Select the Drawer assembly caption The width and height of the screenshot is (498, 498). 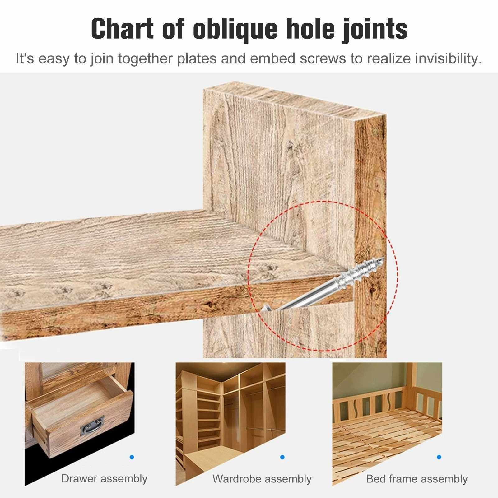point(104,478)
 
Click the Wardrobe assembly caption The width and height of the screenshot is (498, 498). point(262,479)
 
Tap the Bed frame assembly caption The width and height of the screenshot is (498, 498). point(417,479)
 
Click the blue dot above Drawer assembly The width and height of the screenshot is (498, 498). point(132,457)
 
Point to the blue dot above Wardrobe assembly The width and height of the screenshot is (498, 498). point(282,457)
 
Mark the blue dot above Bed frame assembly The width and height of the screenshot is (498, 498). point(439,457)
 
